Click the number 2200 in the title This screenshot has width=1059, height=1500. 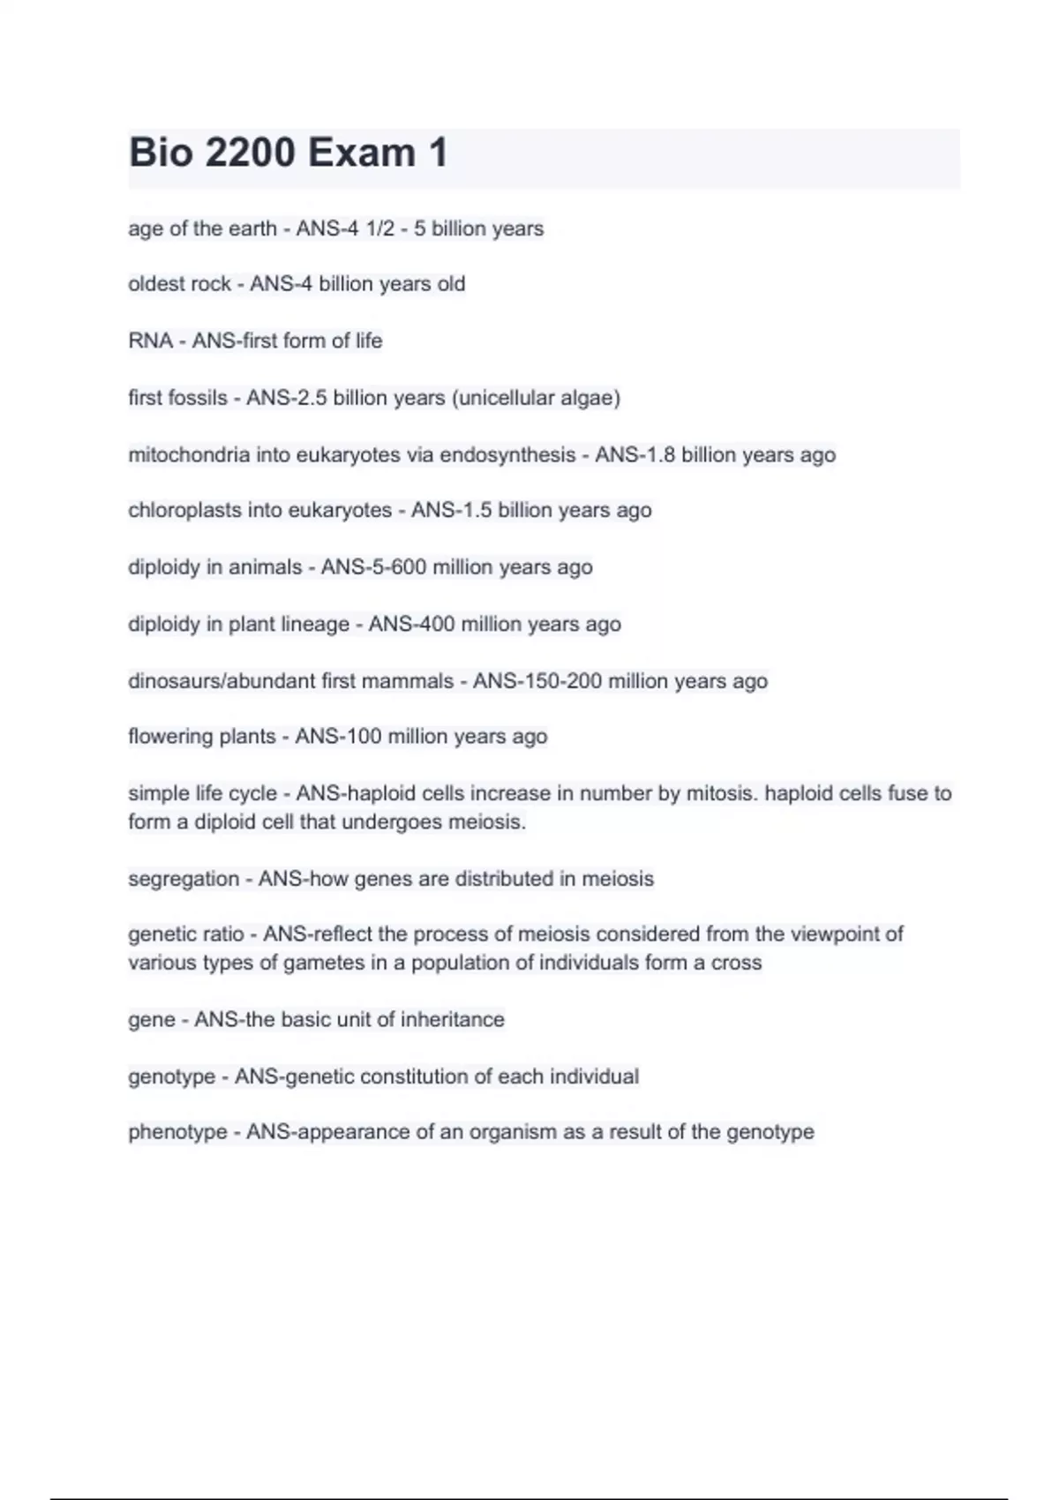click(x=250, y=153)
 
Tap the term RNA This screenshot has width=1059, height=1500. click(x=150, y=341)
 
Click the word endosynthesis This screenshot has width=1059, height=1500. click(x=507, y=454)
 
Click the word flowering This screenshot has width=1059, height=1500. click(x=164, y=737)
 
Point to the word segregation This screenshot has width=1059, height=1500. click(x=184, y=879)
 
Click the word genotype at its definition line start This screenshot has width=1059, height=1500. click(x=171, y=1076)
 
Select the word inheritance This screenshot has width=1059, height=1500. click(x=453, y=1020)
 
